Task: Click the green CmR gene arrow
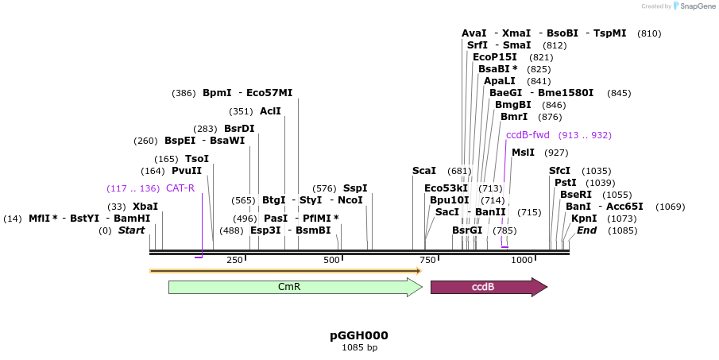click(x=294, y=287)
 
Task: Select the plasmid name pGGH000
click(x=359, y=335)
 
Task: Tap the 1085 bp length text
click(x=359, y=347)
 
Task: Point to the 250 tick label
click(x=234, y=260)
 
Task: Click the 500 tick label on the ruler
click(x=331, y=260)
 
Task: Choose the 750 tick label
click(x=428, y=260)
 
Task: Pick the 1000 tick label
click(x=522, y=260)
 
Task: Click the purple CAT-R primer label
click(x=180, y=188)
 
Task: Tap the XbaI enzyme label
click(x=145, y=206)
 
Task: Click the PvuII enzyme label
click(x=187, y=170)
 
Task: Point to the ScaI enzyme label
click(x=424, y=170)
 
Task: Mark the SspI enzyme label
click(x=355, y=188)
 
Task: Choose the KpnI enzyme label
click(x=584, y=219)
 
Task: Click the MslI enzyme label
click(x=523, y=152)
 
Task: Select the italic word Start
click(x=132, y=230)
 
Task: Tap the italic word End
click(x=586, y=230)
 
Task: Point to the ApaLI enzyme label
click(x=501, y=80)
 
